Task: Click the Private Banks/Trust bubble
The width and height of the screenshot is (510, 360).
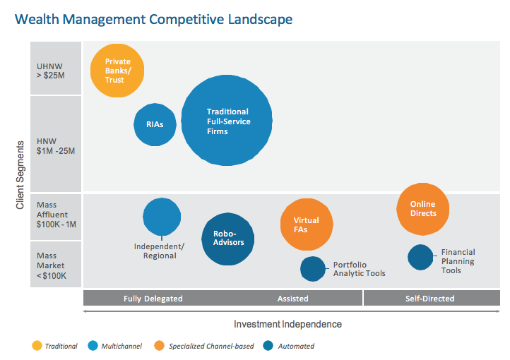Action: pyautogui.click(x=117, y=70)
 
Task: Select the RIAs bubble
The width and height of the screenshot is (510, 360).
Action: pyautogui.click(x=155, y=124)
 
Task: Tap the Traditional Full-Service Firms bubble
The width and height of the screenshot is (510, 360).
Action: pyautogui.click(x=227, y=121)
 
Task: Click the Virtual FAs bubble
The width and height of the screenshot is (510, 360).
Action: pyautogui.click(x=306, y=224)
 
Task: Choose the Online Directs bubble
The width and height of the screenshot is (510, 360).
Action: pyautogui.click(x=422, y=209)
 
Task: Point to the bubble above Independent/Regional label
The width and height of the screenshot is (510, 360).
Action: pyautogui.click(x=162, y=216)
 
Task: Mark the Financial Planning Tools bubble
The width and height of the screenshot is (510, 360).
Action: pyautogui.click(x=420, y=257)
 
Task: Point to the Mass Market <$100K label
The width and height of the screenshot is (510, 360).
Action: pyautogui.click(x=52, y=265)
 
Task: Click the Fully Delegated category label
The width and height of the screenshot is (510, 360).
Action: pyautogui.click(x=153, y=299)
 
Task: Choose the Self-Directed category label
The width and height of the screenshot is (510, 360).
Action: pyautogui.click(x=430, y=299)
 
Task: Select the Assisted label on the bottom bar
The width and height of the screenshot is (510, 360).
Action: pyautogui.click(x=292, y=299)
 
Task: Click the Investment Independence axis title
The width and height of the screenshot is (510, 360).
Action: pyautogui.click(x=287, y=324)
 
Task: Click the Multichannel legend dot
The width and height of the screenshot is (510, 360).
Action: pyautogui.click(x=94, y=346)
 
